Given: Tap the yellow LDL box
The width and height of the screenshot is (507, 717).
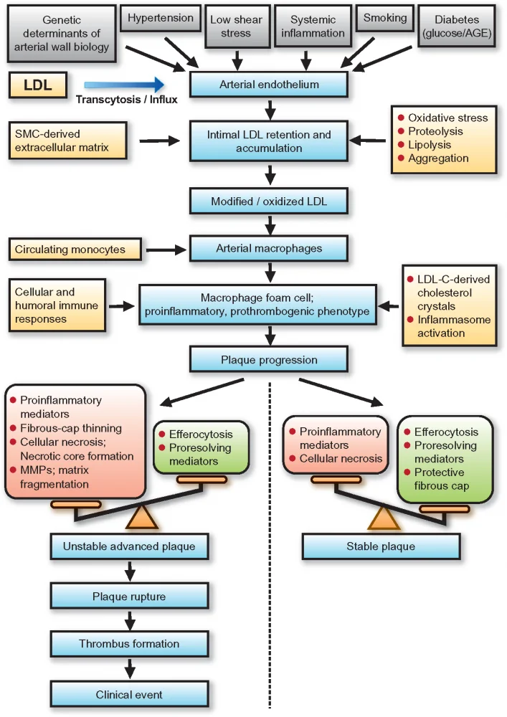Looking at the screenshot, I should point(37,85).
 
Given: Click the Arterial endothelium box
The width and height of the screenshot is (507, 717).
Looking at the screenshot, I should point(269,85).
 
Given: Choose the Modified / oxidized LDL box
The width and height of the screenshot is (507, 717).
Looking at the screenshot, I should point(269,202).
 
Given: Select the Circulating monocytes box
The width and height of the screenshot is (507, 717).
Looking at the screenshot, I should point(69,250).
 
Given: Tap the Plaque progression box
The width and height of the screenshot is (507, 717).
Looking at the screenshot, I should point(269,360).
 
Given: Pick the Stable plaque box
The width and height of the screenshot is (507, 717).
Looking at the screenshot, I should point(381,547).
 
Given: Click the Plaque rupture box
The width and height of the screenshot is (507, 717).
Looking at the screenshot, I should point(129,597).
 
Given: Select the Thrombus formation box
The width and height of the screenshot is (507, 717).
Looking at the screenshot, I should point(129,645).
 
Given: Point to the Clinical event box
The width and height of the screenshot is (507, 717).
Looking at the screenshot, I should point(129,694).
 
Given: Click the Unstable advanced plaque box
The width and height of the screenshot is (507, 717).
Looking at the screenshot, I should point(129,548).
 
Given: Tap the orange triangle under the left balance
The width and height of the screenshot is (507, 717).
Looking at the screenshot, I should point(141,518).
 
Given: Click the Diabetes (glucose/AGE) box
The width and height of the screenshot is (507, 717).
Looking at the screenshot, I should point(465,27).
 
